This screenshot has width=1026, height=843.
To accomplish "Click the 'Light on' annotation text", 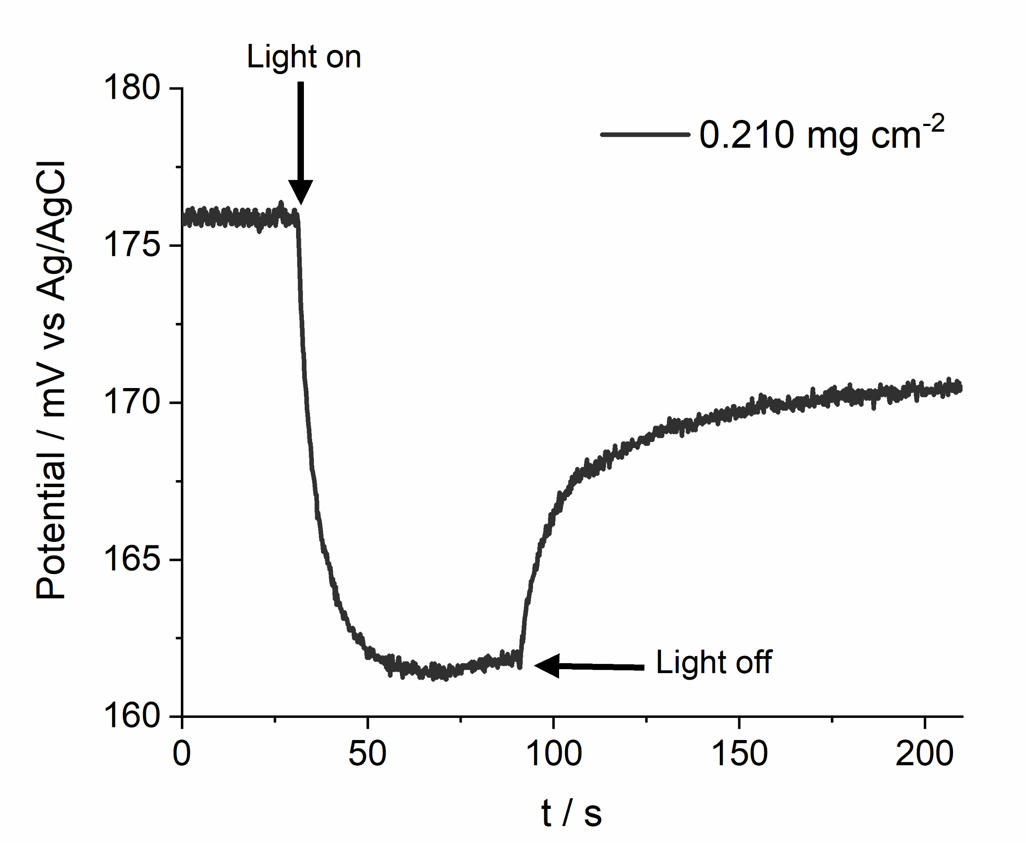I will (303, 57).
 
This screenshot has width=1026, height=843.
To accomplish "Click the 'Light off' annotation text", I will (713, 662).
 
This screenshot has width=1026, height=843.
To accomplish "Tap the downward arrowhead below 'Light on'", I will (301, 191).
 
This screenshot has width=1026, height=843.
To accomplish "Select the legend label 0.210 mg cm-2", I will (821, 135).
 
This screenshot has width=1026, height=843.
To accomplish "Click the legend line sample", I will (645, 135).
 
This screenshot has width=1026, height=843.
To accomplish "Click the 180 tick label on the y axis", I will (132, 88).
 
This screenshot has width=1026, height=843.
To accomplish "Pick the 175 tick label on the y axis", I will (132, 245).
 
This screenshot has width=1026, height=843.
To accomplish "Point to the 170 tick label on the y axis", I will (132, 402).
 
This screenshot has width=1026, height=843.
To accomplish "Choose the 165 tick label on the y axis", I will (132, 559).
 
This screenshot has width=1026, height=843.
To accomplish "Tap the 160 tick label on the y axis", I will (132, 716).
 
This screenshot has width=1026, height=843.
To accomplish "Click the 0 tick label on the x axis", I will (182, 754).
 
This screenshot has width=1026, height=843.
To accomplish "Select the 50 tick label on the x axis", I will (367, 754).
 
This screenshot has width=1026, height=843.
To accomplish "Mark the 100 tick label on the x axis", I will (553, 754).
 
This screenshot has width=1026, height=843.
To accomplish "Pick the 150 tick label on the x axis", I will (739, 754).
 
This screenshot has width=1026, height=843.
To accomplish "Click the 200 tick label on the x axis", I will (924, 754).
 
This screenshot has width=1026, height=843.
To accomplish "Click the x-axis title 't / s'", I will (571, 813).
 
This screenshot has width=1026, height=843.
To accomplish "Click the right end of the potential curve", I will (960, 388).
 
